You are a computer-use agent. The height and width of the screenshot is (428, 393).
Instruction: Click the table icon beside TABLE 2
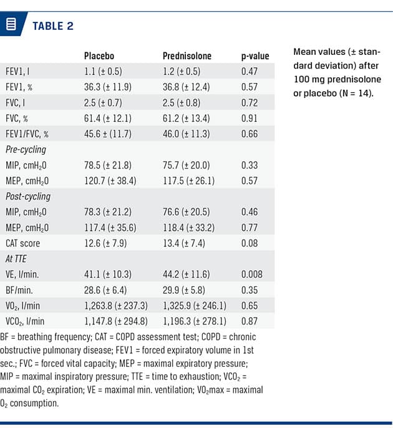(11, 26)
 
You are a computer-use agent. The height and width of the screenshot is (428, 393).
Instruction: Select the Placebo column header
(99, 56)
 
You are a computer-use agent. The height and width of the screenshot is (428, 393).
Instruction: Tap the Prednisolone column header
(187, 56)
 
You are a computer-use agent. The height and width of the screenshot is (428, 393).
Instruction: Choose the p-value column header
(255, 56)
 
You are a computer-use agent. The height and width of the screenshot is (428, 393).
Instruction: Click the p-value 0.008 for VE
(253, 274)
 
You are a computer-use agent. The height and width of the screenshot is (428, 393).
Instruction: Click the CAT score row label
(23, 243)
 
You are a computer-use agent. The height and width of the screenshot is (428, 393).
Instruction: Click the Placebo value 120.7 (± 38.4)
(110, 180)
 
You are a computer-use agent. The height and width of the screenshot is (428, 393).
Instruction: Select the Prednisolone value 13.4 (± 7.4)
(183, 243)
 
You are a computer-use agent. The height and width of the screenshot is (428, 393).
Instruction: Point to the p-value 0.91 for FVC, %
(250, 118)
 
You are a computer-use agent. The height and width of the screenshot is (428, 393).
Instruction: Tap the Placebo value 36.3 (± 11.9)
(108, 87)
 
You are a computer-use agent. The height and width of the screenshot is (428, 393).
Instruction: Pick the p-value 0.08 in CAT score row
(250, 243)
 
